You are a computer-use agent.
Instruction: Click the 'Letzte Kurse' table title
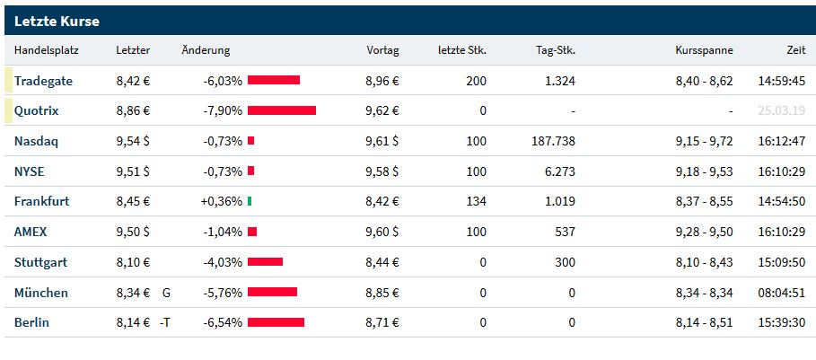pos(57,21)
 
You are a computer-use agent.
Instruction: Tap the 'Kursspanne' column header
pos(704,50)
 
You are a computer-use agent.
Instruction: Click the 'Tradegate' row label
pos(43,81)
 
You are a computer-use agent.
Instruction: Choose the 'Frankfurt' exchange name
pos(41,202)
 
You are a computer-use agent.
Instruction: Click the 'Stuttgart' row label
pos(40,262)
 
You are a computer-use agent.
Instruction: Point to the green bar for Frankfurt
pos(250,202)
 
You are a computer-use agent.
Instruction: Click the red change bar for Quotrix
pos(282,111)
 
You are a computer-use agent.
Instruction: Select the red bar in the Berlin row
pos(276,322)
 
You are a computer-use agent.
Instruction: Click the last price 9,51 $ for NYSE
pos(133,171)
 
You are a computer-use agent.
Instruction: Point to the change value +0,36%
pos(222,202)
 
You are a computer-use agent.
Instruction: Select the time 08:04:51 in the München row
pos(781,293)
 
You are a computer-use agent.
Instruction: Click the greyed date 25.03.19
pos(781,111)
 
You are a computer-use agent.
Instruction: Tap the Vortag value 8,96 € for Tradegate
pos(382,81)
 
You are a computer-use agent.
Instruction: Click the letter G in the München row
pos(166,293)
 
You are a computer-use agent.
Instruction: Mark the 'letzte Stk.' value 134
pos(476,202)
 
